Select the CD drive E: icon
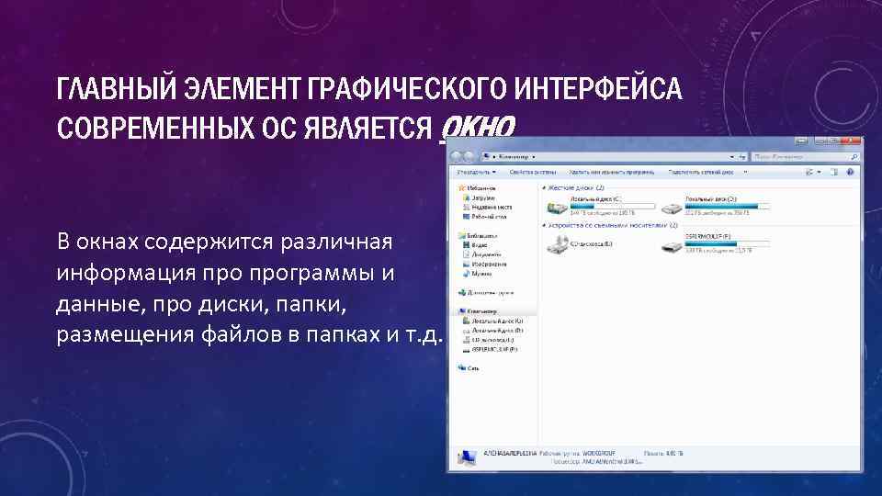pyautogui.click(x=557, y=244)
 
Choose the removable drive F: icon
pyautogui.click(x=673, y=245)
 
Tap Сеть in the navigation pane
pyautogui.click(x=473, y=367)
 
